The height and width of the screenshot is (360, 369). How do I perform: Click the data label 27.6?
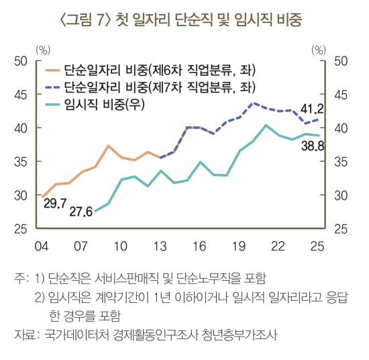coord(81,212)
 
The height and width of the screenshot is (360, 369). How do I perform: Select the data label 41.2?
coord(312,108)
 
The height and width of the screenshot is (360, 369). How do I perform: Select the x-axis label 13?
coord(159,244)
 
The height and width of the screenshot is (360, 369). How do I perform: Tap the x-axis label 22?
coord(276,244)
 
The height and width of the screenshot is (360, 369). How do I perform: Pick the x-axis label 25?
coord(316,244)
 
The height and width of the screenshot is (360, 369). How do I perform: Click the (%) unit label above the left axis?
coord(44,49)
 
